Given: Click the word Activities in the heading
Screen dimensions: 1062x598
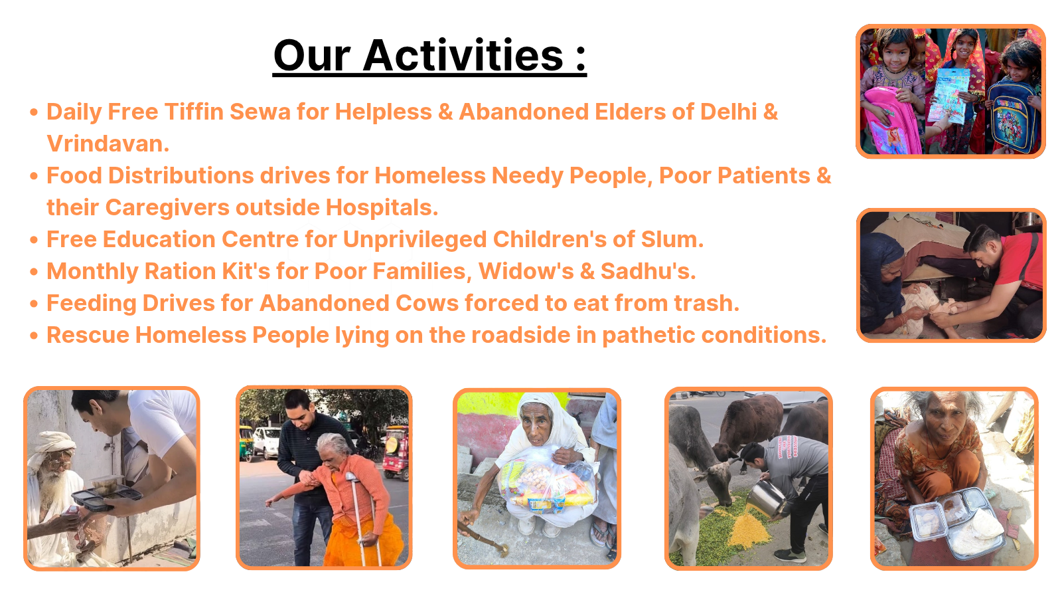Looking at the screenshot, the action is coord(463,56).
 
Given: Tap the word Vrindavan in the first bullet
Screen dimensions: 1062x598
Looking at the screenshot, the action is coord(108,144).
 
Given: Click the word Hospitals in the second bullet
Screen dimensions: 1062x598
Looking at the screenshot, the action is coord(382,207).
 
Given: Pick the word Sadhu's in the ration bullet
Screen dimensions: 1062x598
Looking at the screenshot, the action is coord(648,271).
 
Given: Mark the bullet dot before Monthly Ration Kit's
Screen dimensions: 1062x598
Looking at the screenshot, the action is coord(34,272).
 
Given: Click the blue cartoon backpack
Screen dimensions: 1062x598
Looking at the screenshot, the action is coord(1014,117).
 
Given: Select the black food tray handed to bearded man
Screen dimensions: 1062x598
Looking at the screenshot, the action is coord(106,495).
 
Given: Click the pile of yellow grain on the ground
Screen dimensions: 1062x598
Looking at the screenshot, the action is coord(749,528).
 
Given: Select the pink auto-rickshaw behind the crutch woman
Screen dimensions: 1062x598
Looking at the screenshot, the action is coord(395,452).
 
